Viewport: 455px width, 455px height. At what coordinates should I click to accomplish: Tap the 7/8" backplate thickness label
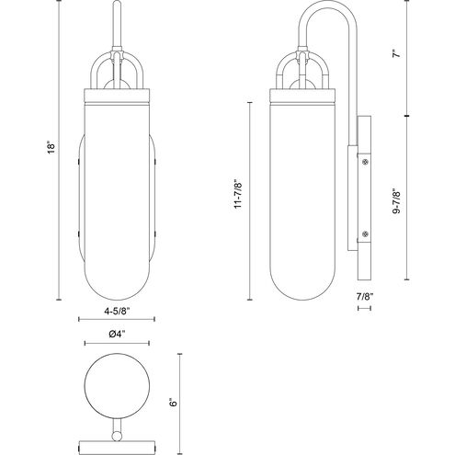[x=367, y=297]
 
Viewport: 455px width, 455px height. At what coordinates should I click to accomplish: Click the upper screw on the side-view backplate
[x=366, y=164]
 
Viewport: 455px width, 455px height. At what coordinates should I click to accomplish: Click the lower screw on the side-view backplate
[x=366, y=235]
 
